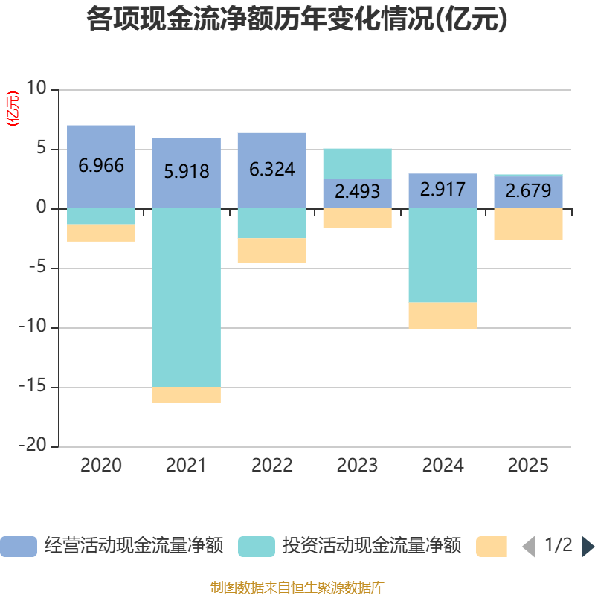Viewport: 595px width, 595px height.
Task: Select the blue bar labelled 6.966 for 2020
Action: coord(101,166)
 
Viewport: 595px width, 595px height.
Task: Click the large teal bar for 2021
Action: coord(186,297)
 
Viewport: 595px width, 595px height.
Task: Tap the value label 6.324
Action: coord(272,170)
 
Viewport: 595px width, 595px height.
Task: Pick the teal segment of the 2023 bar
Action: coord(357,163)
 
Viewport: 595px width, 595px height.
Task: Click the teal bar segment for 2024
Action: coord(443,255)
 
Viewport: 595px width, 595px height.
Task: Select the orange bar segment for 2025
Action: coord(528,224)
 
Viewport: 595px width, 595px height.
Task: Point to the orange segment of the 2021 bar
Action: coord(186,395)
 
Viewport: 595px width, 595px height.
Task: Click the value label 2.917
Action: coord(443,189)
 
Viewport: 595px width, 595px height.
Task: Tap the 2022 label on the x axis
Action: coord(272,466)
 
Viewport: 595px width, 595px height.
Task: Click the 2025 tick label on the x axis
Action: coord(528,466)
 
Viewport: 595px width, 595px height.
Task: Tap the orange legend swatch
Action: coord(492,547)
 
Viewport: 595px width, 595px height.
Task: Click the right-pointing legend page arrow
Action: coord(588,547)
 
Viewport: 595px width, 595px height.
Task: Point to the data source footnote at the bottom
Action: coord(297,587)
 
